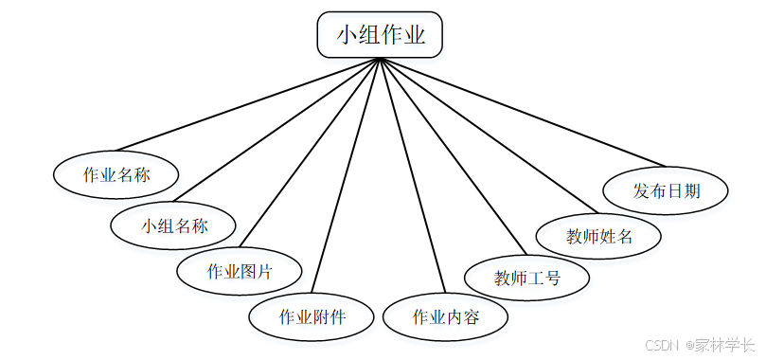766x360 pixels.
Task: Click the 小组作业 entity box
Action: click(380, 35)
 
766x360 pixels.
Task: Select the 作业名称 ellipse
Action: click(116, 174)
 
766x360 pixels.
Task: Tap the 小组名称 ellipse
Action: click(173, 225)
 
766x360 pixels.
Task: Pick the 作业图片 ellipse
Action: click(240, 271)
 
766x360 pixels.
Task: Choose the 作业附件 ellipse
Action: click(312, 316)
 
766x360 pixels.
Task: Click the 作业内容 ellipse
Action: click(445, 316)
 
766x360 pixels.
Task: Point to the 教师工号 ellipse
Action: click(526, 279)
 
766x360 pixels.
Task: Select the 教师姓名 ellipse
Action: click(598, 236)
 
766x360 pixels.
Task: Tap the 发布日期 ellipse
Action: click(666, 190)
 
